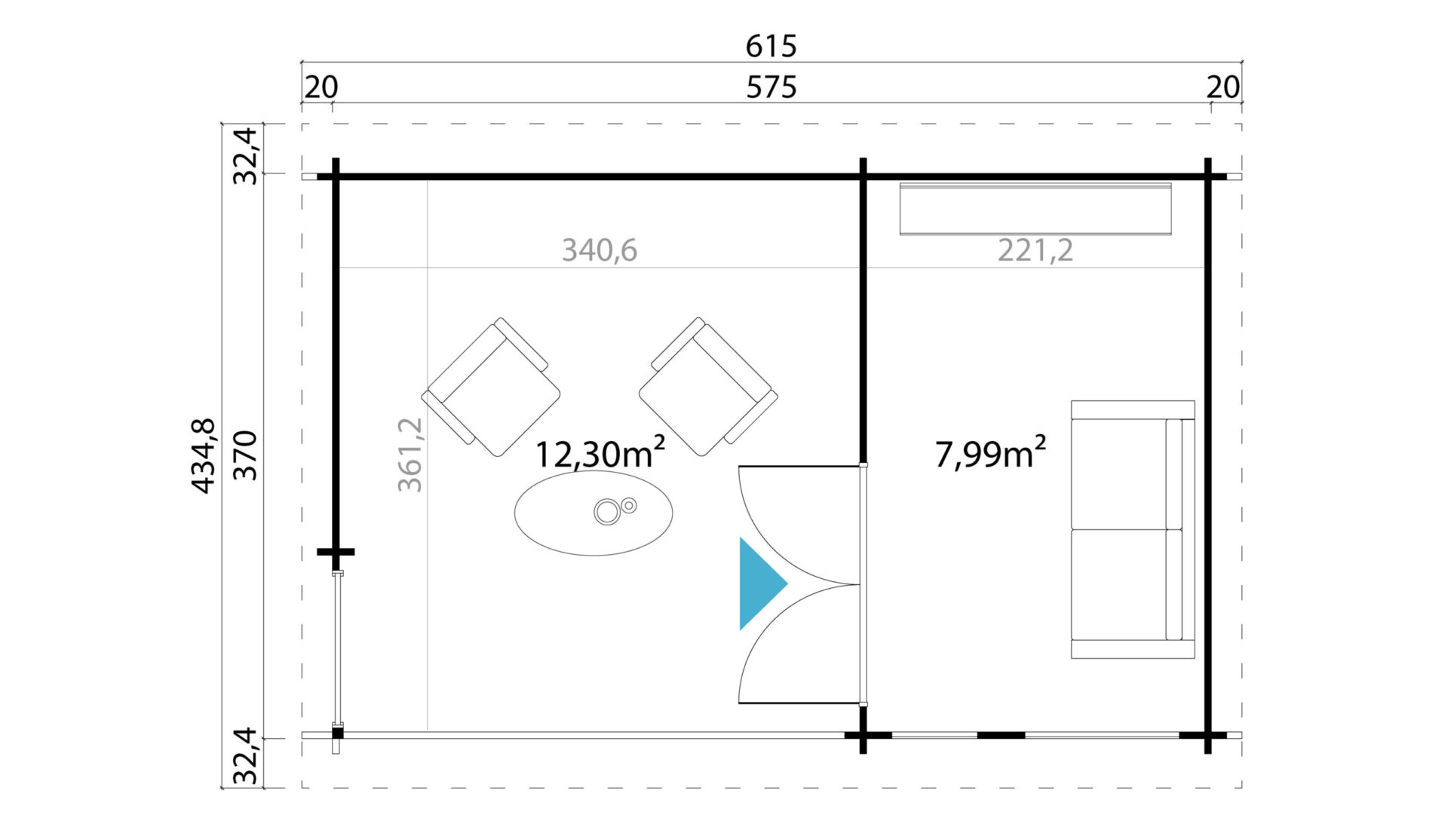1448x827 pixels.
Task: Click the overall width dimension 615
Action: (771, 47)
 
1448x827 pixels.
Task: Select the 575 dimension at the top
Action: (771, 88)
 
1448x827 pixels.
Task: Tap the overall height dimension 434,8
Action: (204, 456)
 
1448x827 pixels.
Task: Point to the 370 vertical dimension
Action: (245, 456)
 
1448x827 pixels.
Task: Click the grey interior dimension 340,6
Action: (600, 250)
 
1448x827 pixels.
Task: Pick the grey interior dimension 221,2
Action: (1035, 250)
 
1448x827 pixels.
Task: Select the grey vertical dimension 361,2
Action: (410, 455)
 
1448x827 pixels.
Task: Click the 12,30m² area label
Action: (600, 452)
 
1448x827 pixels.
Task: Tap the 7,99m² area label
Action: (990, 452)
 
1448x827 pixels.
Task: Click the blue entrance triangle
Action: (760, 583)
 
